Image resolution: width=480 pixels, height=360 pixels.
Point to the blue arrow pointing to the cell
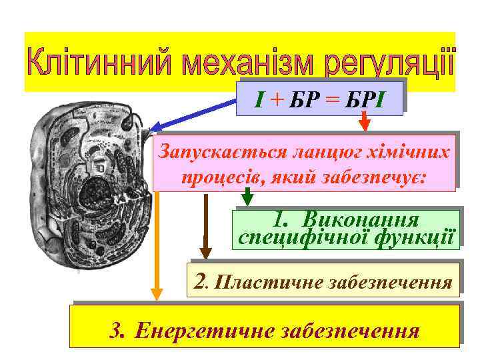[193, 114]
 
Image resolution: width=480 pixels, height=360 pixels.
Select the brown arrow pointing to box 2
[206, 227]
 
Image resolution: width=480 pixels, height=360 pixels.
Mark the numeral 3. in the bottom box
[119, 330]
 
